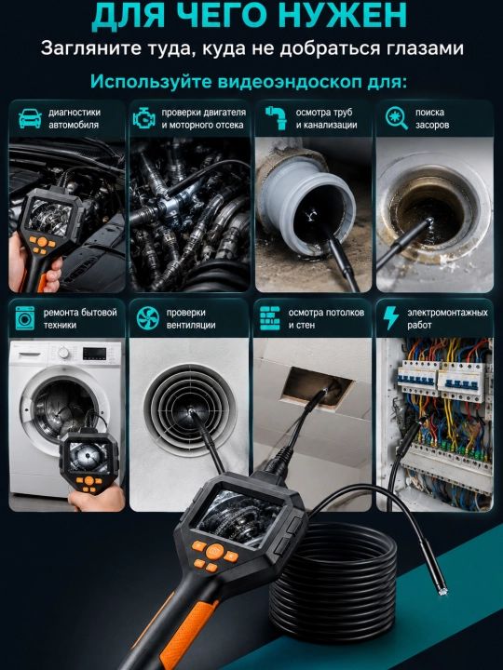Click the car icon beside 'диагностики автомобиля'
30,118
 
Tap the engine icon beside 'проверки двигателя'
144,118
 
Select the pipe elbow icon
276,118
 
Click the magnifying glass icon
397,118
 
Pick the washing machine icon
25,318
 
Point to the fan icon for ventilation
147,318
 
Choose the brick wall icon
270,318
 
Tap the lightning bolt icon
390,318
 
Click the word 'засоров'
432,126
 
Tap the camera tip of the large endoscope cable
442,591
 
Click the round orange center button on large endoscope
215,551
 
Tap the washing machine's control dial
63,353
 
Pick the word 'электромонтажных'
447,313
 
